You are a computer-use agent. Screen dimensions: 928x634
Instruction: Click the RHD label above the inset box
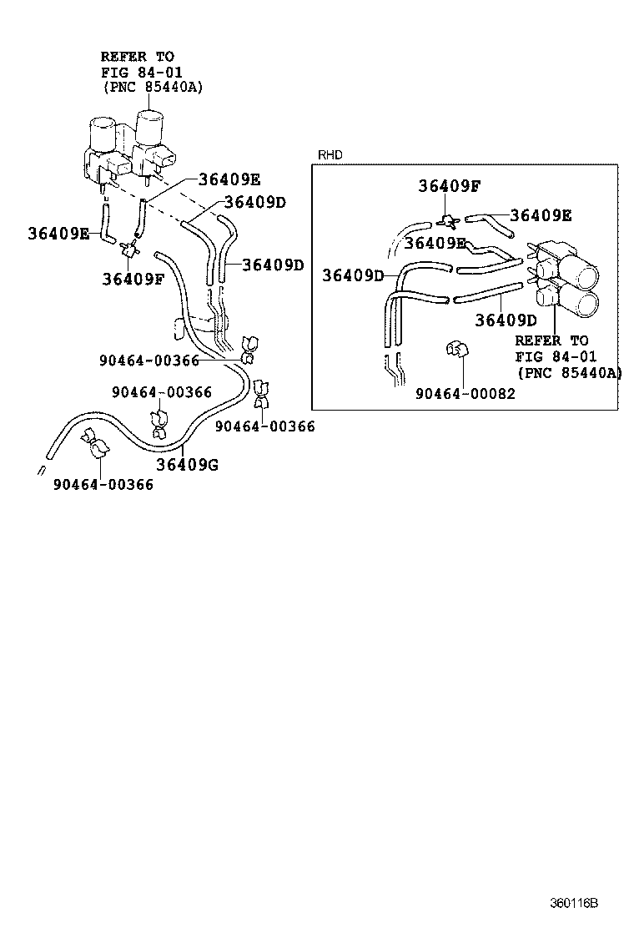pyautogui.click(x=330, y=155)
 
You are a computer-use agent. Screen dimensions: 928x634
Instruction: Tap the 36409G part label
pyautogui.click(x=187, y=465)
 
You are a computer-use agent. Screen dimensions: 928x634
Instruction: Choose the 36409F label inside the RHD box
pyautogui.click(x=450, y=186)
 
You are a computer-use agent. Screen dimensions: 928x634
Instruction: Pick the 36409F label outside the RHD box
pyautogui.click(x=133, y=278)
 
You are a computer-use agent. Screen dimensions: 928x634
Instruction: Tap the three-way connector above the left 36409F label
pyautogui.click(x=129, y=247)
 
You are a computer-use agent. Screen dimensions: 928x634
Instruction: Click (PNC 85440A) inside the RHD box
pyautogui.click(x=569, y=372)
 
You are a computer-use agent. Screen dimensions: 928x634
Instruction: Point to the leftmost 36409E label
pyautogui.click(x=58, y=233)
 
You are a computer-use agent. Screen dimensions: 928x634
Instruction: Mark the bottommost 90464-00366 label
pyautogui.click(x=103, y=483)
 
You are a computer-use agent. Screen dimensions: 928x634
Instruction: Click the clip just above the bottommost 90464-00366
pyautogui.click(x=98, y=446)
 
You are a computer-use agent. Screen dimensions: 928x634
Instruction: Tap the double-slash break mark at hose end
pyautogui.click(x=40, y=469)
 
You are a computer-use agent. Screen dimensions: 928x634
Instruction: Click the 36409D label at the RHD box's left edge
pyautogui.click(x=354, y=275)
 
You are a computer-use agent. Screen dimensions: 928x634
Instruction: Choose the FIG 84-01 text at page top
pyautogui.click(x=137, y=72)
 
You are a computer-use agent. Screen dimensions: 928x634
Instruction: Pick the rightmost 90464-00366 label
pyautogui.click(x=264, y=426)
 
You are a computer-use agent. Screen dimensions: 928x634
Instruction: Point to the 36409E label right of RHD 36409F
pyautogui.click(x=541, y=214)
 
